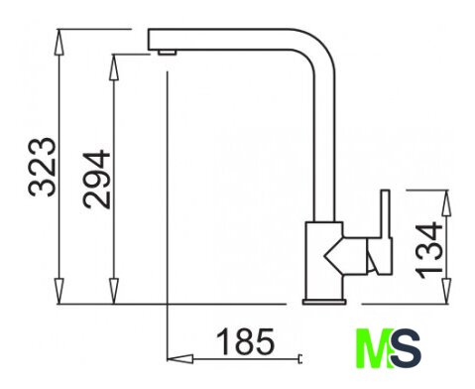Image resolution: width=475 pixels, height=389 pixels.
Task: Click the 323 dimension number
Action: click(43, 168)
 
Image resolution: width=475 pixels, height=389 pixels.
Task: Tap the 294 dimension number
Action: click(96, 180)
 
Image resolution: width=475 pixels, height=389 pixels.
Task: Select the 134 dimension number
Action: click(428, 250)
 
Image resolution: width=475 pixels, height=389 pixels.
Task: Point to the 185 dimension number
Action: click(245, 341)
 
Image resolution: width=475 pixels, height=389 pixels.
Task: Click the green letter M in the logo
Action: click(374, 348)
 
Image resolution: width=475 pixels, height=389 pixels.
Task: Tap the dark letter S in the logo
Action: click(406, 348)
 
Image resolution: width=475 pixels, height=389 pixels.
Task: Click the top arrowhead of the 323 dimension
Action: click(59, 42)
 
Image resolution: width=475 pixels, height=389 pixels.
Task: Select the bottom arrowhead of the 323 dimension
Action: click(59, 291)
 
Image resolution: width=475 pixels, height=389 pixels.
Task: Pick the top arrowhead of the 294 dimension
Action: click(113, 67)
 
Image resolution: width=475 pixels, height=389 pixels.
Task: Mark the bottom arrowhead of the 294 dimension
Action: click(114, 291)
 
